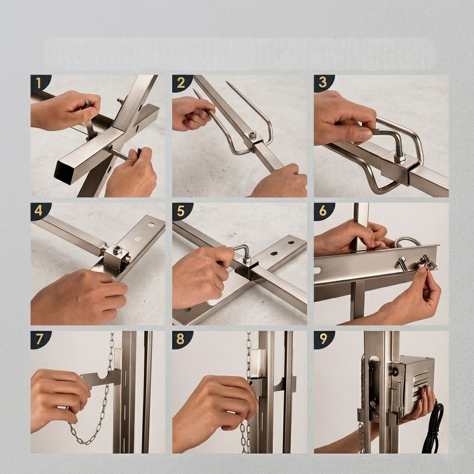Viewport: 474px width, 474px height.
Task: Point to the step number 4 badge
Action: [x=39, y=211]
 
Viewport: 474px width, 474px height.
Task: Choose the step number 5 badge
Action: [x=181, y=211]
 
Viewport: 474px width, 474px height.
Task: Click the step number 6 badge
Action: [x=323, y=211]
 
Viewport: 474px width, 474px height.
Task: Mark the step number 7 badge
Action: [x=39, y=339]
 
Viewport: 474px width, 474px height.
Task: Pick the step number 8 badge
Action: [x=181, y=339]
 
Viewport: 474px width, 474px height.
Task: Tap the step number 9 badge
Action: [x=323, y=339]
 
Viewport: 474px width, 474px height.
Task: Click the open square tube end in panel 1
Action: [x=65, y=173]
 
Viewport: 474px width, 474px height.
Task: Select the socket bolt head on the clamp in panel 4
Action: [x=117, y=250]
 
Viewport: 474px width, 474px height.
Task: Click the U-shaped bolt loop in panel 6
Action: [x=408, y=240]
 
